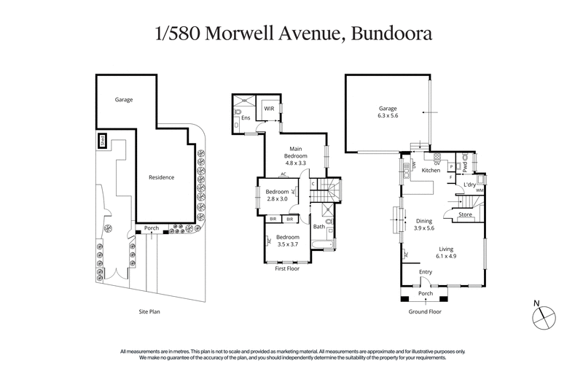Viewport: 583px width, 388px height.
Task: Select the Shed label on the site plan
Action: (102, 139)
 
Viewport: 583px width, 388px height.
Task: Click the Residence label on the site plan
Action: (161, 176)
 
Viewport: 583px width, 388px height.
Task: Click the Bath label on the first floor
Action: (318, 226)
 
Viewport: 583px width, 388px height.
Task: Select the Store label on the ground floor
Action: (465, 214)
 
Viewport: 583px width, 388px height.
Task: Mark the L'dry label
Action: (469, 185)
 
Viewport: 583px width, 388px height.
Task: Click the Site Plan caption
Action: (149, 311)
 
